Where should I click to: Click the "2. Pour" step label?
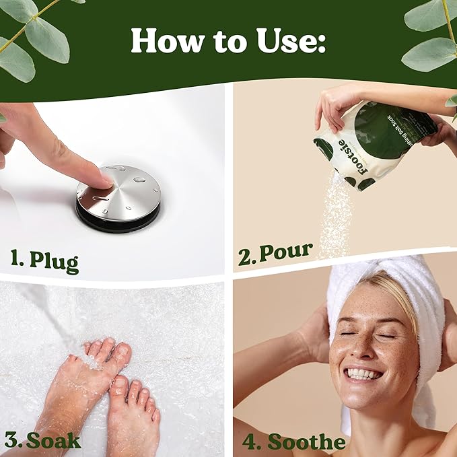point(276,254)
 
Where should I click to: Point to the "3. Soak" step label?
point(42,441)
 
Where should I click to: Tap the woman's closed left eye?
point(387,335)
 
